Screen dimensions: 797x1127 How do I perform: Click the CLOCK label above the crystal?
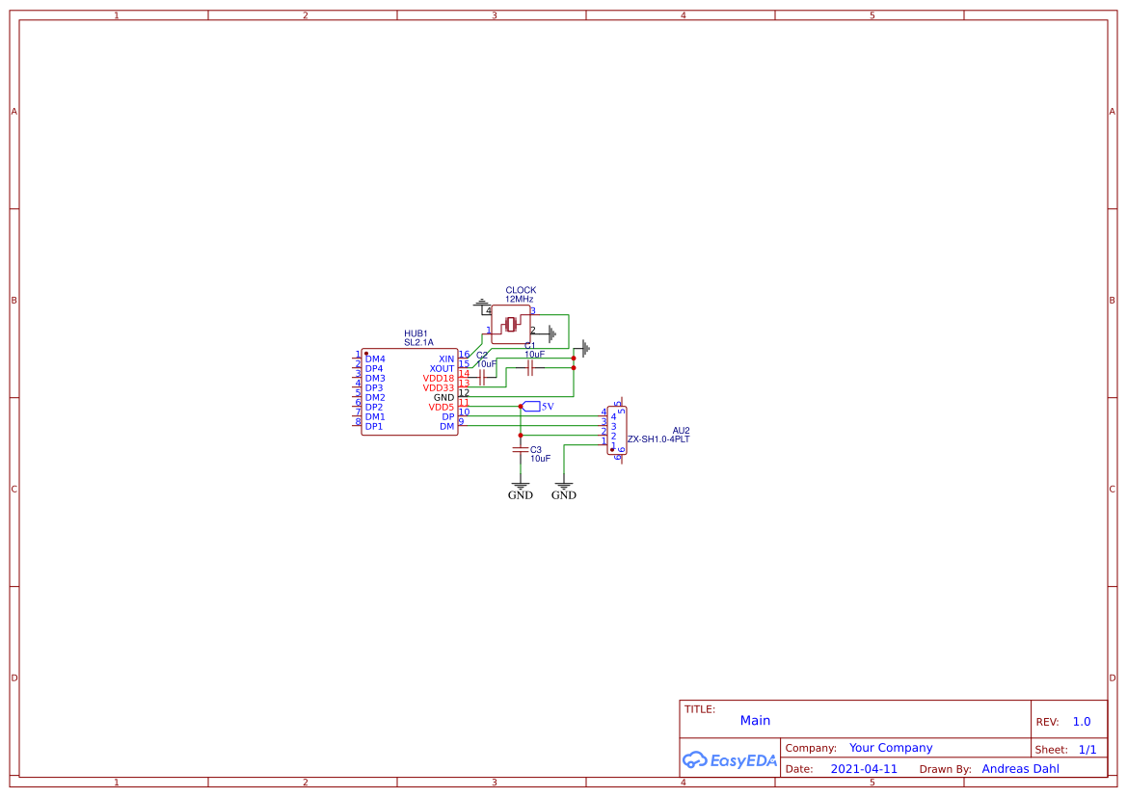coord(521,290)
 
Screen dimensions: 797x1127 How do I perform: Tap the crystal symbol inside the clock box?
coord(511,325)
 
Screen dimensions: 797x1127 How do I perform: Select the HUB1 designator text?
coord(416,333)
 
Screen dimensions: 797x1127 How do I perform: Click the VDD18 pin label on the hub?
coord(438,378)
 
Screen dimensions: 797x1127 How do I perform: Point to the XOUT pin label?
coord(442,368)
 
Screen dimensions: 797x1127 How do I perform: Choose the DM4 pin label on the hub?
coord(374,359)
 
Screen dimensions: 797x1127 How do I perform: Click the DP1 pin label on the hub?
coord(374,426)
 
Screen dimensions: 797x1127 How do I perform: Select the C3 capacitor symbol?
coord(521,449)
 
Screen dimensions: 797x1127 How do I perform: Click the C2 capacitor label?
coord(482,355)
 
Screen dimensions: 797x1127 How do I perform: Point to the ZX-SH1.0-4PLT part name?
coord(658,439)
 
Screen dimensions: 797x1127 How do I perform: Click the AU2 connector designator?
coord(681,430)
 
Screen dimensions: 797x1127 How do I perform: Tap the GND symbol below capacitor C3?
coord(521,488)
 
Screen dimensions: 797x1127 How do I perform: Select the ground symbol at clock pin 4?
coord(481,304)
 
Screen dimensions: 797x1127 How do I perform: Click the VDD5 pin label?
coord(441,407)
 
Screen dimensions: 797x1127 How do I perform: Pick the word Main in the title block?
coord(755,721)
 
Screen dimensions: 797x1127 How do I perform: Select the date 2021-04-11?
coord(863,769)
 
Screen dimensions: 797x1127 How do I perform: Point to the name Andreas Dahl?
coord(1020,769)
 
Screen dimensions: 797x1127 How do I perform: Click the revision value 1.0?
coord(1081,722)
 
